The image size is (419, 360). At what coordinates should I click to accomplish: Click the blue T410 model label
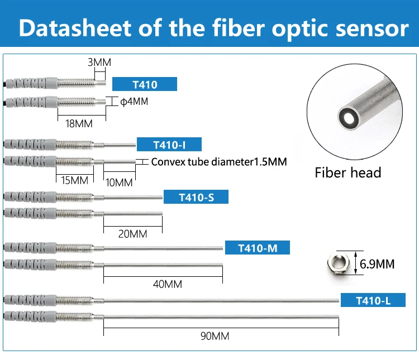145,85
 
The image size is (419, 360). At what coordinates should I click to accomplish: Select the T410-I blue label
169,145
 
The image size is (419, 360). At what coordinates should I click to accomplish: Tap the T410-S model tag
196,197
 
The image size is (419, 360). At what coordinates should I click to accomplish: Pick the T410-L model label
373,300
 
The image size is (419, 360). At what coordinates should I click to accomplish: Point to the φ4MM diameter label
135,102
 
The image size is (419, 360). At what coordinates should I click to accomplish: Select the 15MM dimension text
75,180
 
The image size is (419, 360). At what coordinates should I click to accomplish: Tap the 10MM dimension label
119,182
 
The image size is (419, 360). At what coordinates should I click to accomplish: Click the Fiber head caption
347,172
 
